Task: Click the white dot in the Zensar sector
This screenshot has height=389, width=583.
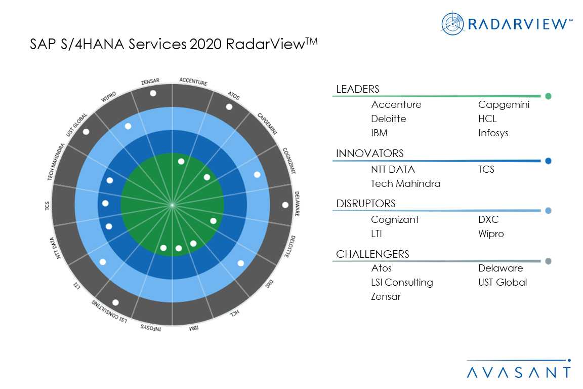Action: (153, 94)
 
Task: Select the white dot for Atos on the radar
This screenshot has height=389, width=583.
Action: (229, 107)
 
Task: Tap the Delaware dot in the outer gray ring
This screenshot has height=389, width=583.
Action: (285, 205)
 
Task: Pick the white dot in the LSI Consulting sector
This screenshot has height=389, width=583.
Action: (115, 302)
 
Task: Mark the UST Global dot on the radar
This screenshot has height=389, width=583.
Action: (86, 132)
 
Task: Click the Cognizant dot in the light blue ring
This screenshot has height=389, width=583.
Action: (257, 175)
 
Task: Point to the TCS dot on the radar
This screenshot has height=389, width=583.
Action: (105, 204)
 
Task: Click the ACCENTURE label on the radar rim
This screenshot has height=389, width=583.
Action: (193, 81)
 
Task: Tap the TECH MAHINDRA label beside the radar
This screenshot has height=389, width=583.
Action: (57, 162)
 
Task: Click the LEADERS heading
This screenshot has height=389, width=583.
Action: (358, 89)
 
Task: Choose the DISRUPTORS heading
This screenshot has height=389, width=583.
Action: (366, 204)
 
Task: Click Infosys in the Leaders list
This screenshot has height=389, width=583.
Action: (493, 133)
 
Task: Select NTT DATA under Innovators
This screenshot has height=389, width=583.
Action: (393, 169)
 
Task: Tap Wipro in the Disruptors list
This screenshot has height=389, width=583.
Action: (491, 234)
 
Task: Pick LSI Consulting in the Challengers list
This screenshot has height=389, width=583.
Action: (402, 283)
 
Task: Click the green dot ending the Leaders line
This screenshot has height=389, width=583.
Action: (548, 96)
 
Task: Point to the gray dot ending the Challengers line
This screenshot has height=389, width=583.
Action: (548, 262)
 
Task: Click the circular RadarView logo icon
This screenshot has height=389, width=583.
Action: (452, 23)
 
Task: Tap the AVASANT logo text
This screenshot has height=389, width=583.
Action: (519, 372)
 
